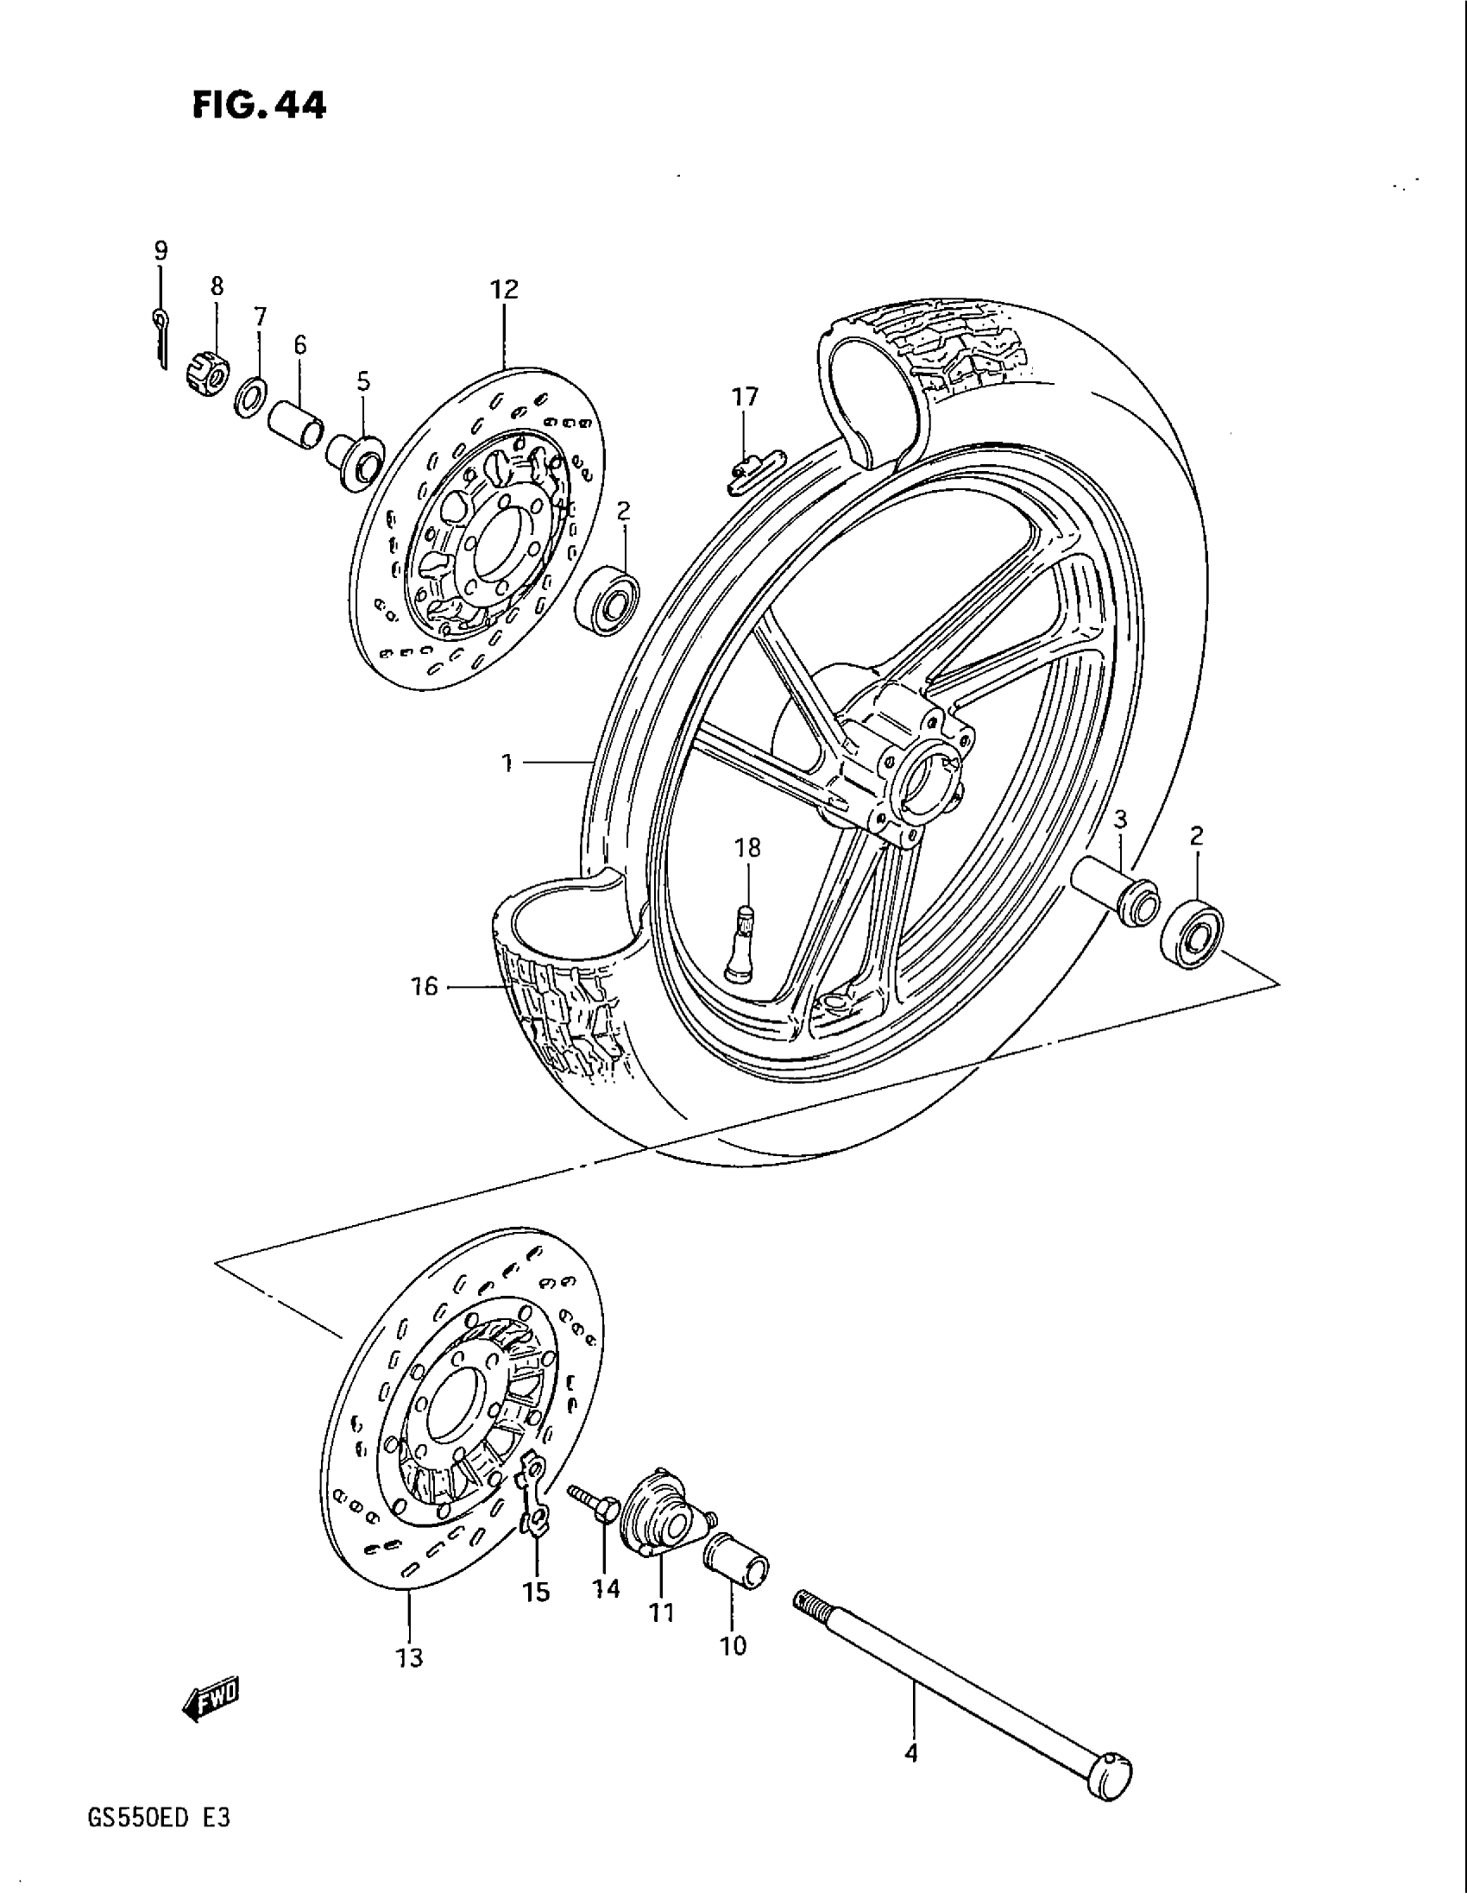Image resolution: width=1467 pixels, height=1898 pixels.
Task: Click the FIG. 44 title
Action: coord(260,105)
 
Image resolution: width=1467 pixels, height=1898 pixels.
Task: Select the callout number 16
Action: coord(425,986)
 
